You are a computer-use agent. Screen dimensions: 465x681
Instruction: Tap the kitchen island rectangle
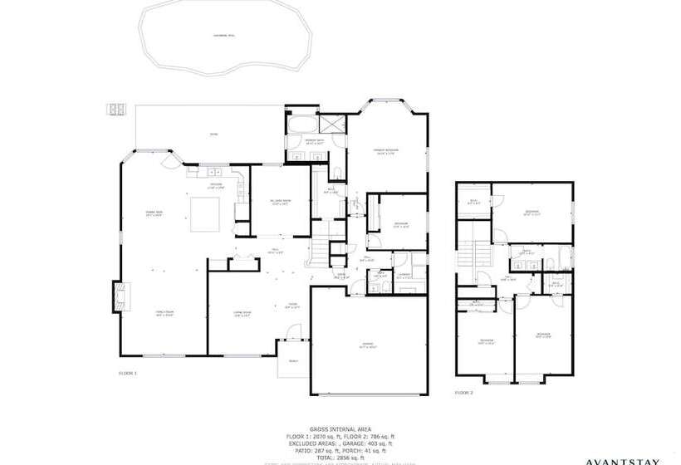pos(203,214)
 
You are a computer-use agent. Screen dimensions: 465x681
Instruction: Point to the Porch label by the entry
pos(293,361)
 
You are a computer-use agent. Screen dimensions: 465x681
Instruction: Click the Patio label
pos(213,135)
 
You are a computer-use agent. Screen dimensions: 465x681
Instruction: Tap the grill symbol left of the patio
pos(115,109)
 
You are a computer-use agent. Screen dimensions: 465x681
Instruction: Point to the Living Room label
pos(243,313)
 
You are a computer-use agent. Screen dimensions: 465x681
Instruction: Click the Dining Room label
pos(153,213)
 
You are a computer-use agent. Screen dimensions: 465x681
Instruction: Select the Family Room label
pos(164,313)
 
